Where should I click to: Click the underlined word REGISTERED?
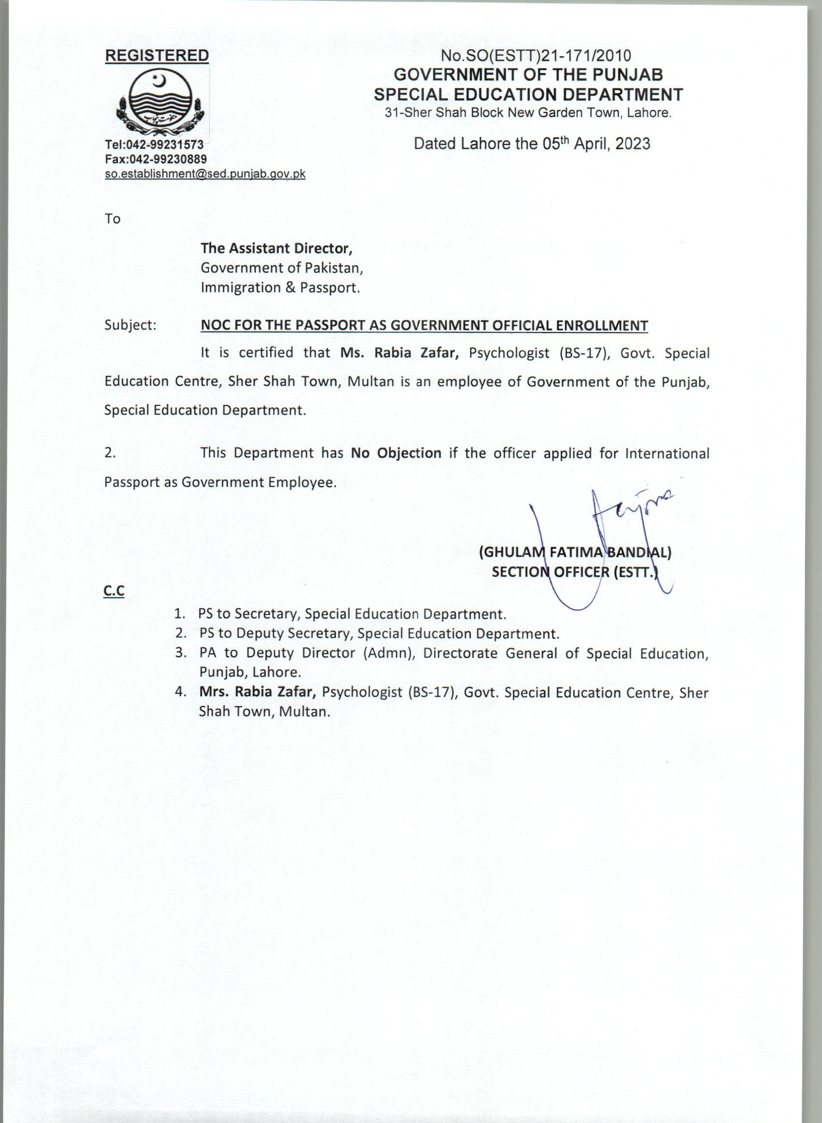(157, 56)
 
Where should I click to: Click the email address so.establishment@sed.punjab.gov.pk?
(205, 174)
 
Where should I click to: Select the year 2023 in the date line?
(632, 144)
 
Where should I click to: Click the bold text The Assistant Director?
(276, 248)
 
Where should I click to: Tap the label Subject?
(131, 325)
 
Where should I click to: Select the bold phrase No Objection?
(396, 453)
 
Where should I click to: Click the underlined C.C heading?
(114, 591)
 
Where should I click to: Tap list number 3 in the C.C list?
(180, 653)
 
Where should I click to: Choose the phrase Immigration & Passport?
(279, 288)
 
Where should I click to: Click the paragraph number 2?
(110, 453)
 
